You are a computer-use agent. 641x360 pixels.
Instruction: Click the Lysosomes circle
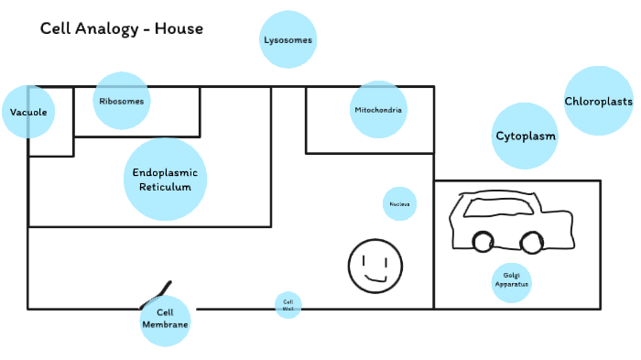[x=288, y=39]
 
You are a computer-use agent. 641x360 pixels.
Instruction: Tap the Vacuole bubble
[x=28, y=112]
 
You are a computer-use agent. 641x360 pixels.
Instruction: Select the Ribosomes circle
[x=121, y=101]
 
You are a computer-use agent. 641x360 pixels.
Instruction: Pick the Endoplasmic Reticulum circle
[x=165, y=180]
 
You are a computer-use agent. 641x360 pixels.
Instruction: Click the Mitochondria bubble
[x=377, y=110]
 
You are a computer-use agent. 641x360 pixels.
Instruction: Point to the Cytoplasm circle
[x=526, y=136]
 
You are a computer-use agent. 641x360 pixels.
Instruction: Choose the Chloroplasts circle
[x=598, y=101]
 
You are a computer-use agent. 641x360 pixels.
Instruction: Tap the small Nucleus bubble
[x=399, y=203]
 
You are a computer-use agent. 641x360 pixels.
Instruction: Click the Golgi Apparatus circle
[x=511, y=279]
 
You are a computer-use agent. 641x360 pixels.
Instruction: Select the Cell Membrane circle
[x=166, y=320]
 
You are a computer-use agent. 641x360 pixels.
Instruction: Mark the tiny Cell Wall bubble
[x=288, y=305]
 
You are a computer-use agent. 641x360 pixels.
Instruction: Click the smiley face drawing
[x=375, y=266]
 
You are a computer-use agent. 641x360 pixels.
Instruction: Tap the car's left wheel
[x=483, y=242]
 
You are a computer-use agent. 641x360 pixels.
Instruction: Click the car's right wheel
[x=529, y=242]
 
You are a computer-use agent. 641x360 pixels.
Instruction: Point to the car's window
[x=494, y=207]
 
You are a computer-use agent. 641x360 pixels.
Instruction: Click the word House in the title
[x=179, y=28]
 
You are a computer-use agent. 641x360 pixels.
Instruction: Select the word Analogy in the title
[x=104, y=28]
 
